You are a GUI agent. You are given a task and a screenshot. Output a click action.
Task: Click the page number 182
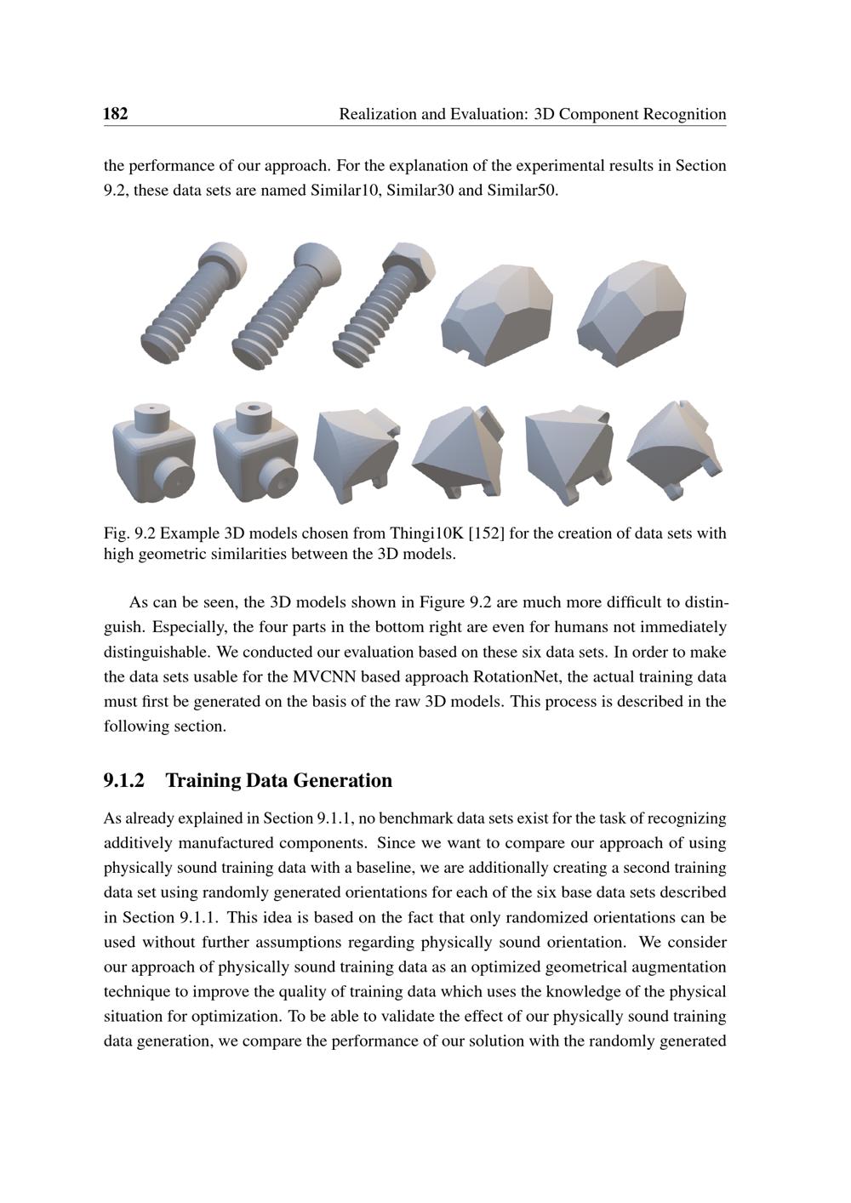pyautogui.click(x=116, y=114)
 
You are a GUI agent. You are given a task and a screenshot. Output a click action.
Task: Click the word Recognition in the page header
pyautogui.click(x=685, y=114)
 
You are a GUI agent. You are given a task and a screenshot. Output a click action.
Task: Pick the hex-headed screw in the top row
pyautogui.click(x=385, y=304)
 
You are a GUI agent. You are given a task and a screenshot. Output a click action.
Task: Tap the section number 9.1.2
pyautogui.click(x=124, y=780)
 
